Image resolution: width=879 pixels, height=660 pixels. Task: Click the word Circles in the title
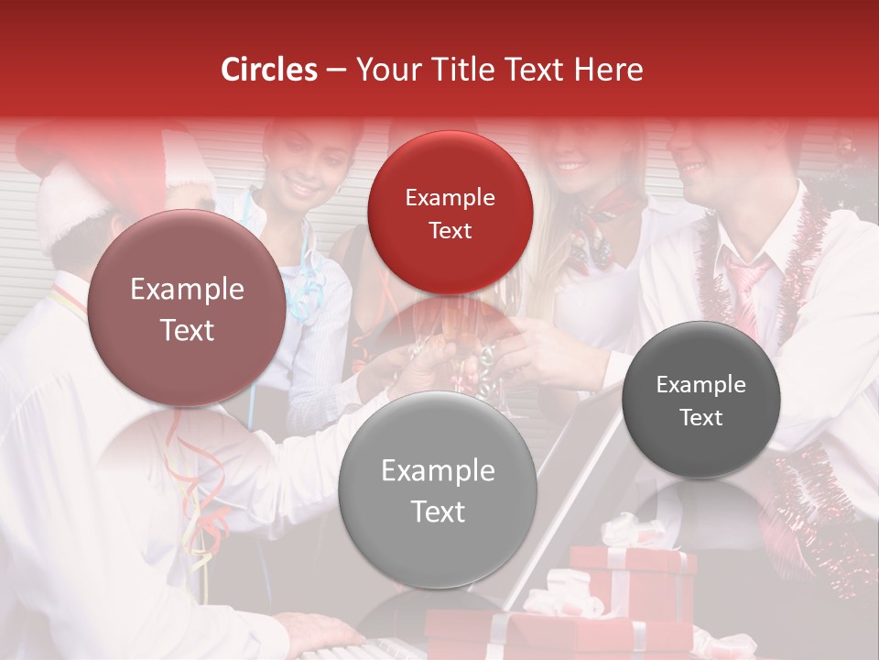point(268,70)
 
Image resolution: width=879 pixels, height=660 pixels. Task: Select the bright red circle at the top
point(450,213)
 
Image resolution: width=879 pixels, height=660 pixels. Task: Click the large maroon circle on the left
point(187,308)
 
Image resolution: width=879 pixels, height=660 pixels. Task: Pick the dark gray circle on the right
point(700,400)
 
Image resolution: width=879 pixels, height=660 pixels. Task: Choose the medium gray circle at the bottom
point(437,489)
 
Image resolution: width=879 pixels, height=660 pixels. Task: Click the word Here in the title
point(608,70)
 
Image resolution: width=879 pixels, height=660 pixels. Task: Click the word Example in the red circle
point(450,197)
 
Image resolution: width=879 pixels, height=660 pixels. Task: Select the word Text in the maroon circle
point(187,330)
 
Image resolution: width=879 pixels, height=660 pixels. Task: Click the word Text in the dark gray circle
point(700,418)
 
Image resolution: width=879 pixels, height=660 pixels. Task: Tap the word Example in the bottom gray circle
point(437,471)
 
